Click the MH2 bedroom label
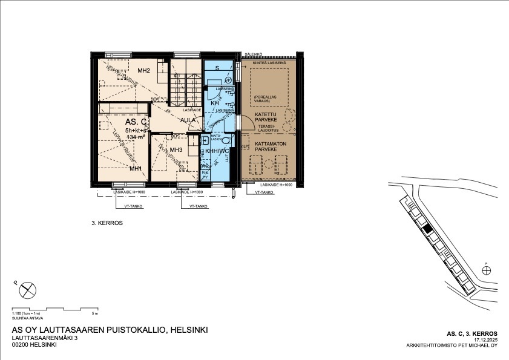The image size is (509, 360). tap(143, 71)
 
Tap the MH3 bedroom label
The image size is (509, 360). tap(176, 150)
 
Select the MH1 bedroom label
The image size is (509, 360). tap(136, 168)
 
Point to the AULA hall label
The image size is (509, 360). tap(188, 120)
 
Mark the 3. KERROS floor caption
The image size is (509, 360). tap(107, 223)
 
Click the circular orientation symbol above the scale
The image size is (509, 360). tap(27, 290)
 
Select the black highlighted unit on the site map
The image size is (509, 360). tap(427, 229)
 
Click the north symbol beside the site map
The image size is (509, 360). tap(487, 270)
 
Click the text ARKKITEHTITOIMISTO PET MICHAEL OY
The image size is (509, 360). tap(452, 346)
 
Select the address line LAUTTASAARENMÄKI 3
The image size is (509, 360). tap(45, 338)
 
